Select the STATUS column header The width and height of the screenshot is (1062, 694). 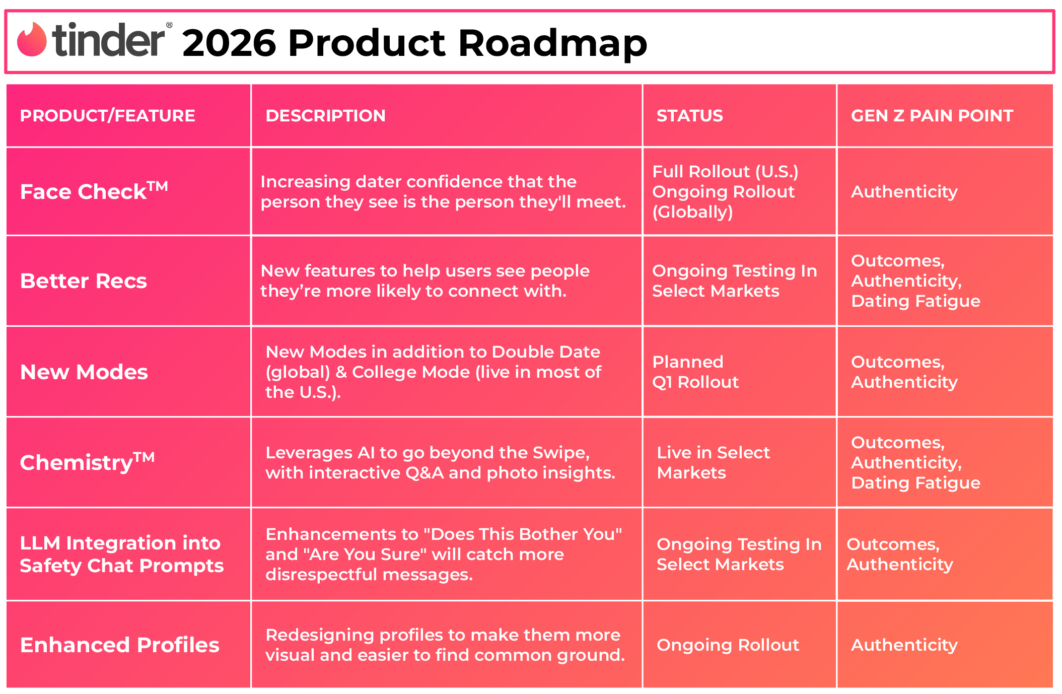[689, 116]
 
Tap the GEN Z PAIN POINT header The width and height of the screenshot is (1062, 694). [932, 116]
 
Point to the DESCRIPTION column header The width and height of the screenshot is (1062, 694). [325, 116]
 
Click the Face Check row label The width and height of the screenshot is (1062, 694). [94, 191]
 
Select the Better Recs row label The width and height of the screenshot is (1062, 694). [84, 281]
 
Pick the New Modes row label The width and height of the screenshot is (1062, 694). [84, 372]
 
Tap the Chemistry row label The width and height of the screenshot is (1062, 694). [87, 462]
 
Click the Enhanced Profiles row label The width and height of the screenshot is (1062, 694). [120, 645]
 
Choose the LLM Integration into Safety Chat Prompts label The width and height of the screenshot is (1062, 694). [121, 554]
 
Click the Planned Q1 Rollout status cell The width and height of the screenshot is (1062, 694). [695, 372]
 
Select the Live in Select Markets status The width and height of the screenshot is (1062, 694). [713, 462]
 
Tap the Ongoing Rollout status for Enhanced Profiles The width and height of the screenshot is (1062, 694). [728, 645]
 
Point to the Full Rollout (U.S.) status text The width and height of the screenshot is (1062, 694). [725, 172]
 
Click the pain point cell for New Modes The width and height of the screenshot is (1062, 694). [904, 372]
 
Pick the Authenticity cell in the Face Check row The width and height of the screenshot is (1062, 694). [904, 192]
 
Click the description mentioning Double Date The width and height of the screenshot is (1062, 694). [433, 372]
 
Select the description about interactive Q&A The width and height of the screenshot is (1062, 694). [440, 462]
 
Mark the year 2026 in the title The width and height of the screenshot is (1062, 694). [229, 43]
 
